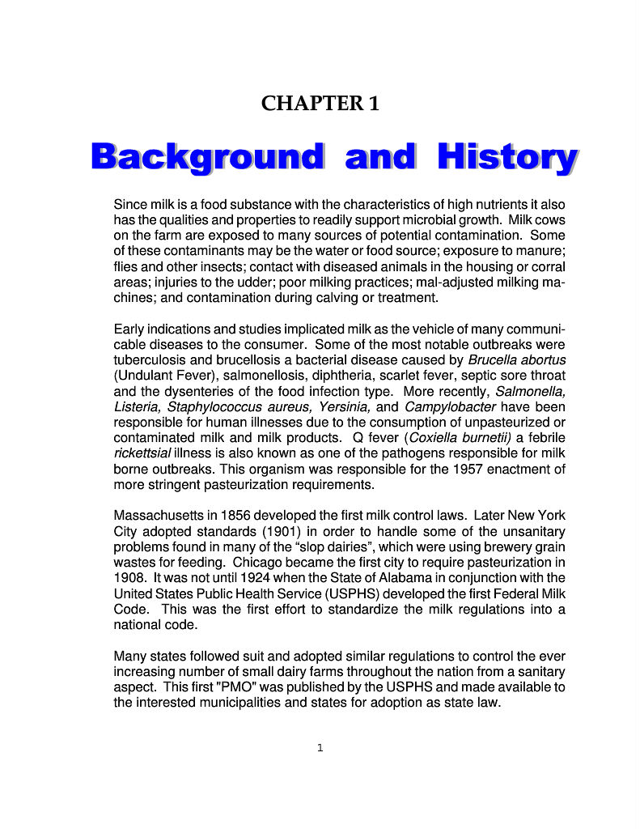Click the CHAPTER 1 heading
click(x=320, y=104)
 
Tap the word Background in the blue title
click(x=207, y=157)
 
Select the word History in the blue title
click(x=507, y=157)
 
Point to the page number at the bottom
click(x=320, y=747)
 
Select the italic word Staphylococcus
click(x=215, y=406)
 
